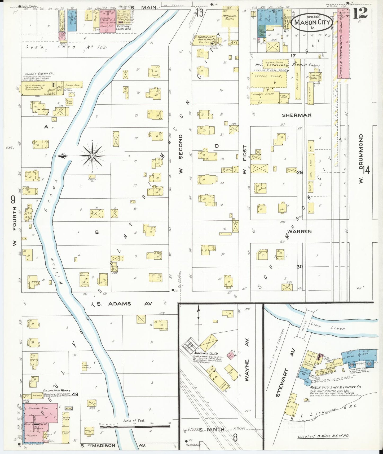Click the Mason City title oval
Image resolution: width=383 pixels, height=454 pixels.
[312, 22]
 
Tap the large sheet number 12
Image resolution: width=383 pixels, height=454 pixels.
[360, 13]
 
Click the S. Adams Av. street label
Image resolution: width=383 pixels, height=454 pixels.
[124, 304]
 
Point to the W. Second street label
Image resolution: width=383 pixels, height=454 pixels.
[181, 154]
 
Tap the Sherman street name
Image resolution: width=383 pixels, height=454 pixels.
[297, 115]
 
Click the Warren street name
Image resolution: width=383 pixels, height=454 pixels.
[299, 232]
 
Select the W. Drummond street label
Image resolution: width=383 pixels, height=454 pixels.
[361, 158]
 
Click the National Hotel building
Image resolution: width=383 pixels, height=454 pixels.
[230, 17]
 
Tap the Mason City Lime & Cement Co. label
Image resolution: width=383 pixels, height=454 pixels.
[335, 387]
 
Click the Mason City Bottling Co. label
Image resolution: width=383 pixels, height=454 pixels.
[207, 38]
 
